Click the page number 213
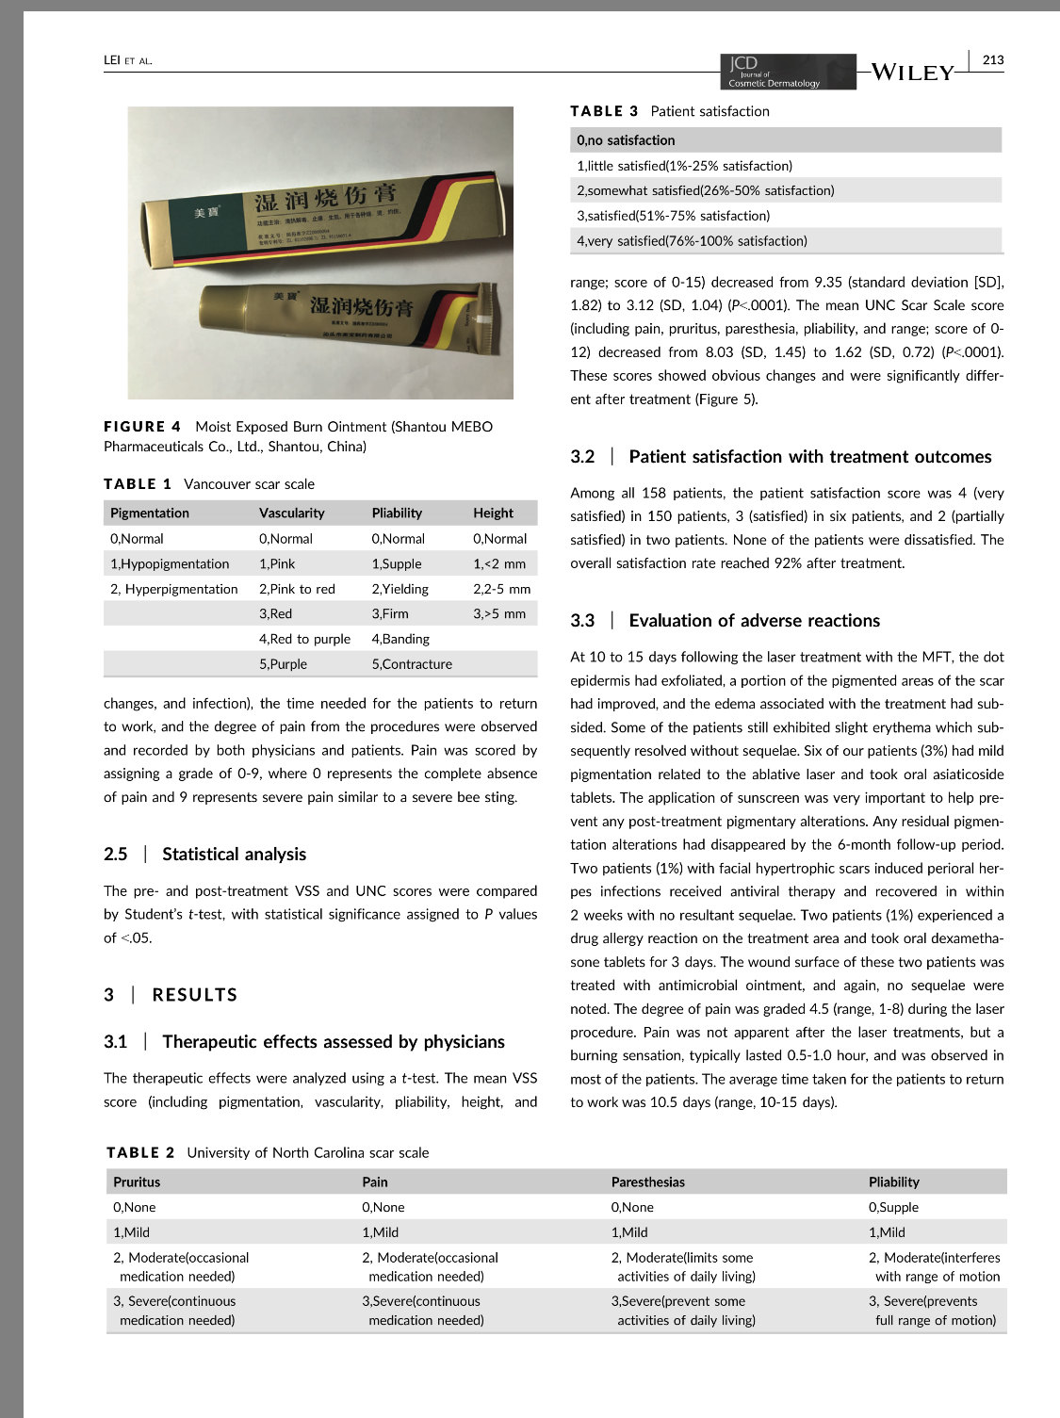click(x=992, y=59)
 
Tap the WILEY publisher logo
click(x=912, y=73)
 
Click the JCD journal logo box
click(x=788, y=72)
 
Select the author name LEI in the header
click(x=113, y=60)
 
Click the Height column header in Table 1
click(x=493, y=513)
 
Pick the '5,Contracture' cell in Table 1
click(x=412, y=663)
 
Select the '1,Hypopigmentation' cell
click(x=170, y=563)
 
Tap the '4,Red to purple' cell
click(x=304, y=638)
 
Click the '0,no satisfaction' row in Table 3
click(x=626, y=140)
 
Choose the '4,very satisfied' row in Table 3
click(x=692, y=240)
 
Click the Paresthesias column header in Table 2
click(x=647, y=1182)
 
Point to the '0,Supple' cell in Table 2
click(x=893, y=1207)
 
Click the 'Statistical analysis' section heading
click(x=234, y=854)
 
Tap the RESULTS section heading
click(x=194, y=995)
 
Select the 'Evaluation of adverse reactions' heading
click(x=754, y=620)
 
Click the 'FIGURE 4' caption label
click(x=142, y=427)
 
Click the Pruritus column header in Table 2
click(x=137, y=1182)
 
